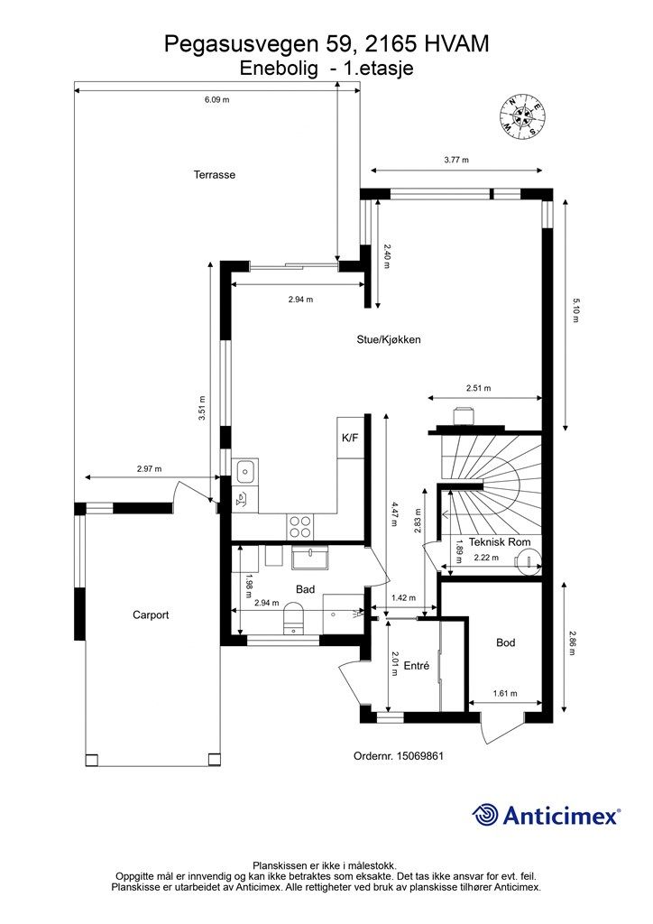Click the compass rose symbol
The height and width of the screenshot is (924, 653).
pos(522,116)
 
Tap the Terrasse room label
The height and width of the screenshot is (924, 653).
pos(215,174)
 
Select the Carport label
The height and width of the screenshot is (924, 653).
pos(151,614)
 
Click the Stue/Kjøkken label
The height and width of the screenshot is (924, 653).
pos(389,339)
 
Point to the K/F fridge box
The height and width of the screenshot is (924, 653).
pos(350,438)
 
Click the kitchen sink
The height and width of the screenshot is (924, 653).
pos(245,471)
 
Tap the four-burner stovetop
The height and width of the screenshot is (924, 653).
pos(300,526)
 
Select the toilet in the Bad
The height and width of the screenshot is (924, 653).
pos(292,619)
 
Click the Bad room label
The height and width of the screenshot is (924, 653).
pos(305,589)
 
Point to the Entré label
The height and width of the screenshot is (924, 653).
pos(417,666)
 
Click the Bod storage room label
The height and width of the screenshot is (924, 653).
pos(506,642)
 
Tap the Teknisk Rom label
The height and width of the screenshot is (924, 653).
pos(500,542)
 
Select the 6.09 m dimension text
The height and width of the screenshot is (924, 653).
pos(216,99)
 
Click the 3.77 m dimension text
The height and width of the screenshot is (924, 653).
pos(456,160)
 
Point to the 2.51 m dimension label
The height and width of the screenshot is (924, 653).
pos(478,388)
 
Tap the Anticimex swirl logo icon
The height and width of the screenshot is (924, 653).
pos(484,815)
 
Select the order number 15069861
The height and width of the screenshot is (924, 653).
pos(420,755)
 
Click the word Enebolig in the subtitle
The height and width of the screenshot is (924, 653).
pos(280,69)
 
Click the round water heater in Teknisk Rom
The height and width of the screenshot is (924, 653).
pos(529,562)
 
